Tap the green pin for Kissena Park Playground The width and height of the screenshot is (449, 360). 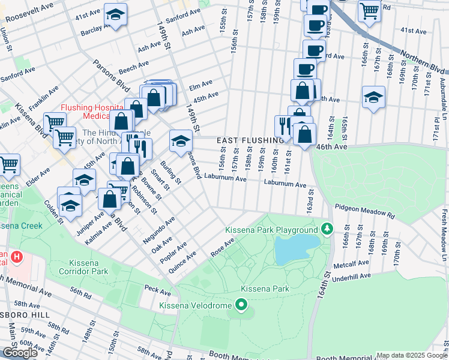pos(327,229)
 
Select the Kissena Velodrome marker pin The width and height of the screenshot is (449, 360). pos(241,305)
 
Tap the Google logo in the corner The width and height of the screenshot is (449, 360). pos(20,353)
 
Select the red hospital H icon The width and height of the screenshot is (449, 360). pos(16,258)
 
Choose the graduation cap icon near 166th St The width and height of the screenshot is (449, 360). pos(373,97)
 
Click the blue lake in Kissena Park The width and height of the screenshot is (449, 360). pos(297,248)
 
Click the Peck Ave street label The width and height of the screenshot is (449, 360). pos(158,290)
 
